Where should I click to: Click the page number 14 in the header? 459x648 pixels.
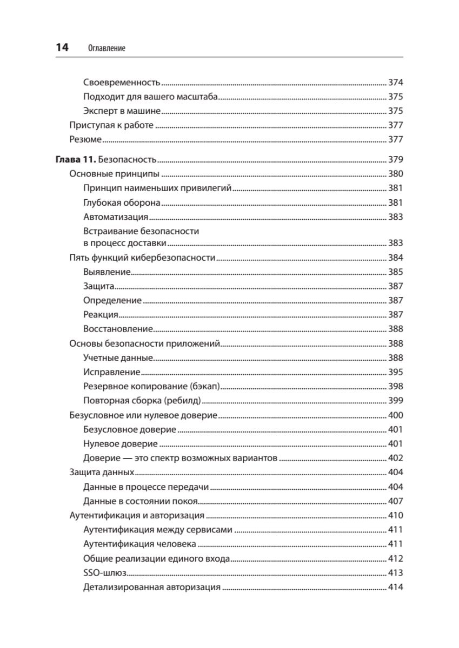pyautogui.click(x=62, y=48)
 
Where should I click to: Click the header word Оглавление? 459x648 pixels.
pyautogui.click(x=106, y=48)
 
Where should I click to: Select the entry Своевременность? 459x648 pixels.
pyautogui.click(x=122, y=83)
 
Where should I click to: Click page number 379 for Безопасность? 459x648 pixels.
pyautogui.click(x=396, y=160)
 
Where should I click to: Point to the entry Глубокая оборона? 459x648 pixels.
pyautogui.click(x=122, y=202)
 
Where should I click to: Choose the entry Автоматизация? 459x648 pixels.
pyautogui.click(x=116, y=217)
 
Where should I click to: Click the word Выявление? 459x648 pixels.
pyautogui.click(x=107, y=272)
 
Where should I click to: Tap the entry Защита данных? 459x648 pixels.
pyautogui.click(x=102, y=473)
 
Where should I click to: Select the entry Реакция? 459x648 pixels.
pyautogui.click(x=101, y=314)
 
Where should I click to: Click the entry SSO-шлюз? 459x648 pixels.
pyautogui.click(x=105, y=573)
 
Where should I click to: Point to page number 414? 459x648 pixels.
pyautogui.click(x=396, y=588)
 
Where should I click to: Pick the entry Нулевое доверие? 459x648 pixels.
pyautogui.click(x=121, y=444)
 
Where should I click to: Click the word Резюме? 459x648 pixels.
pyautogui.click(x=86, y=139)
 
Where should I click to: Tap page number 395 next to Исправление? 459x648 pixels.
pyautogui.click(x=396, y=372)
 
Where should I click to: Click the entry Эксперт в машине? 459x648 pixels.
pyautogui.click(x=122, y=111)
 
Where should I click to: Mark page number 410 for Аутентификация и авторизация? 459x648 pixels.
pyautogui.click(x=396, y=516)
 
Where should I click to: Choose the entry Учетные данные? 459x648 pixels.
pyautogui.click(x=118, y=357)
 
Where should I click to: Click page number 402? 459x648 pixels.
pyautogui.click(x=396, y=458)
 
